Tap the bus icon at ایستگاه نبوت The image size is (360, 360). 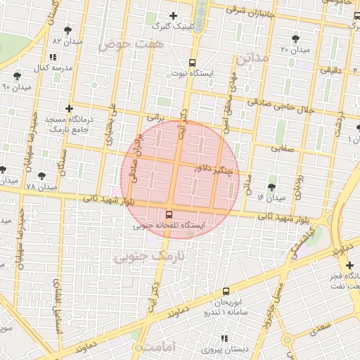pos(193,63)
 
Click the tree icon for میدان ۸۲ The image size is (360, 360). pos(67,30)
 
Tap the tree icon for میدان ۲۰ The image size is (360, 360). pos(295,39)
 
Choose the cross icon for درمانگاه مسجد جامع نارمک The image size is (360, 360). pos(68,108)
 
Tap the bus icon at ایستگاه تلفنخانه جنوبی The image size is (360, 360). pos(169,214)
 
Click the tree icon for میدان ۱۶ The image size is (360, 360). pos(272,187)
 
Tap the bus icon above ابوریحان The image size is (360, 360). pos(226,291)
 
